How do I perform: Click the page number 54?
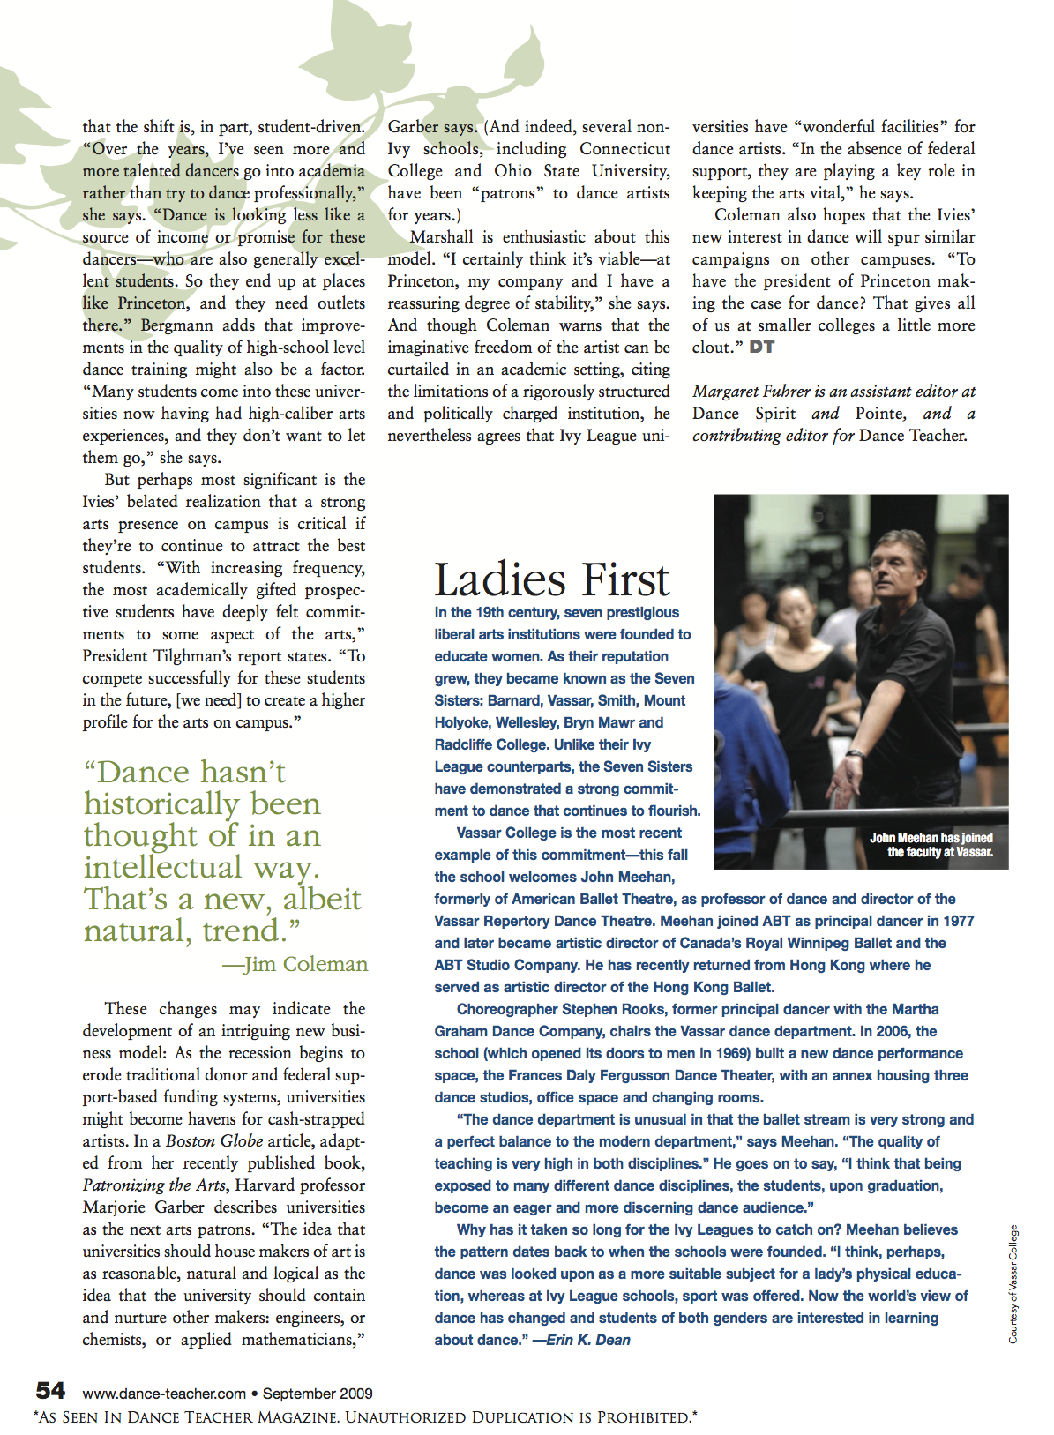coord(50,1391)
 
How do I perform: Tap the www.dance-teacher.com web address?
coord(164,1394)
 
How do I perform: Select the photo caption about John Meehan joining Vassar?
coord(932,845)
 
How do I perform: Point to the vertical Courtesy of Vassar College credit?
coord(1013,1284)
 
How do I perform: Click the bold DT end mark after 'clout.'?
coord(762,347)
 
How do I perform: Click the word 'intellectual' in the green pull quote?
coord(163,867)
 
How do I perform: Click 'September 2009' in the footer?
coord(318,1394)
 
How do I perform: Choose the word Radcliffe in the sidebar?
coord(465,744)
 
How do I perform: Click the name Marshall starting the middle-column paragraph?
coord(442,237)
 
